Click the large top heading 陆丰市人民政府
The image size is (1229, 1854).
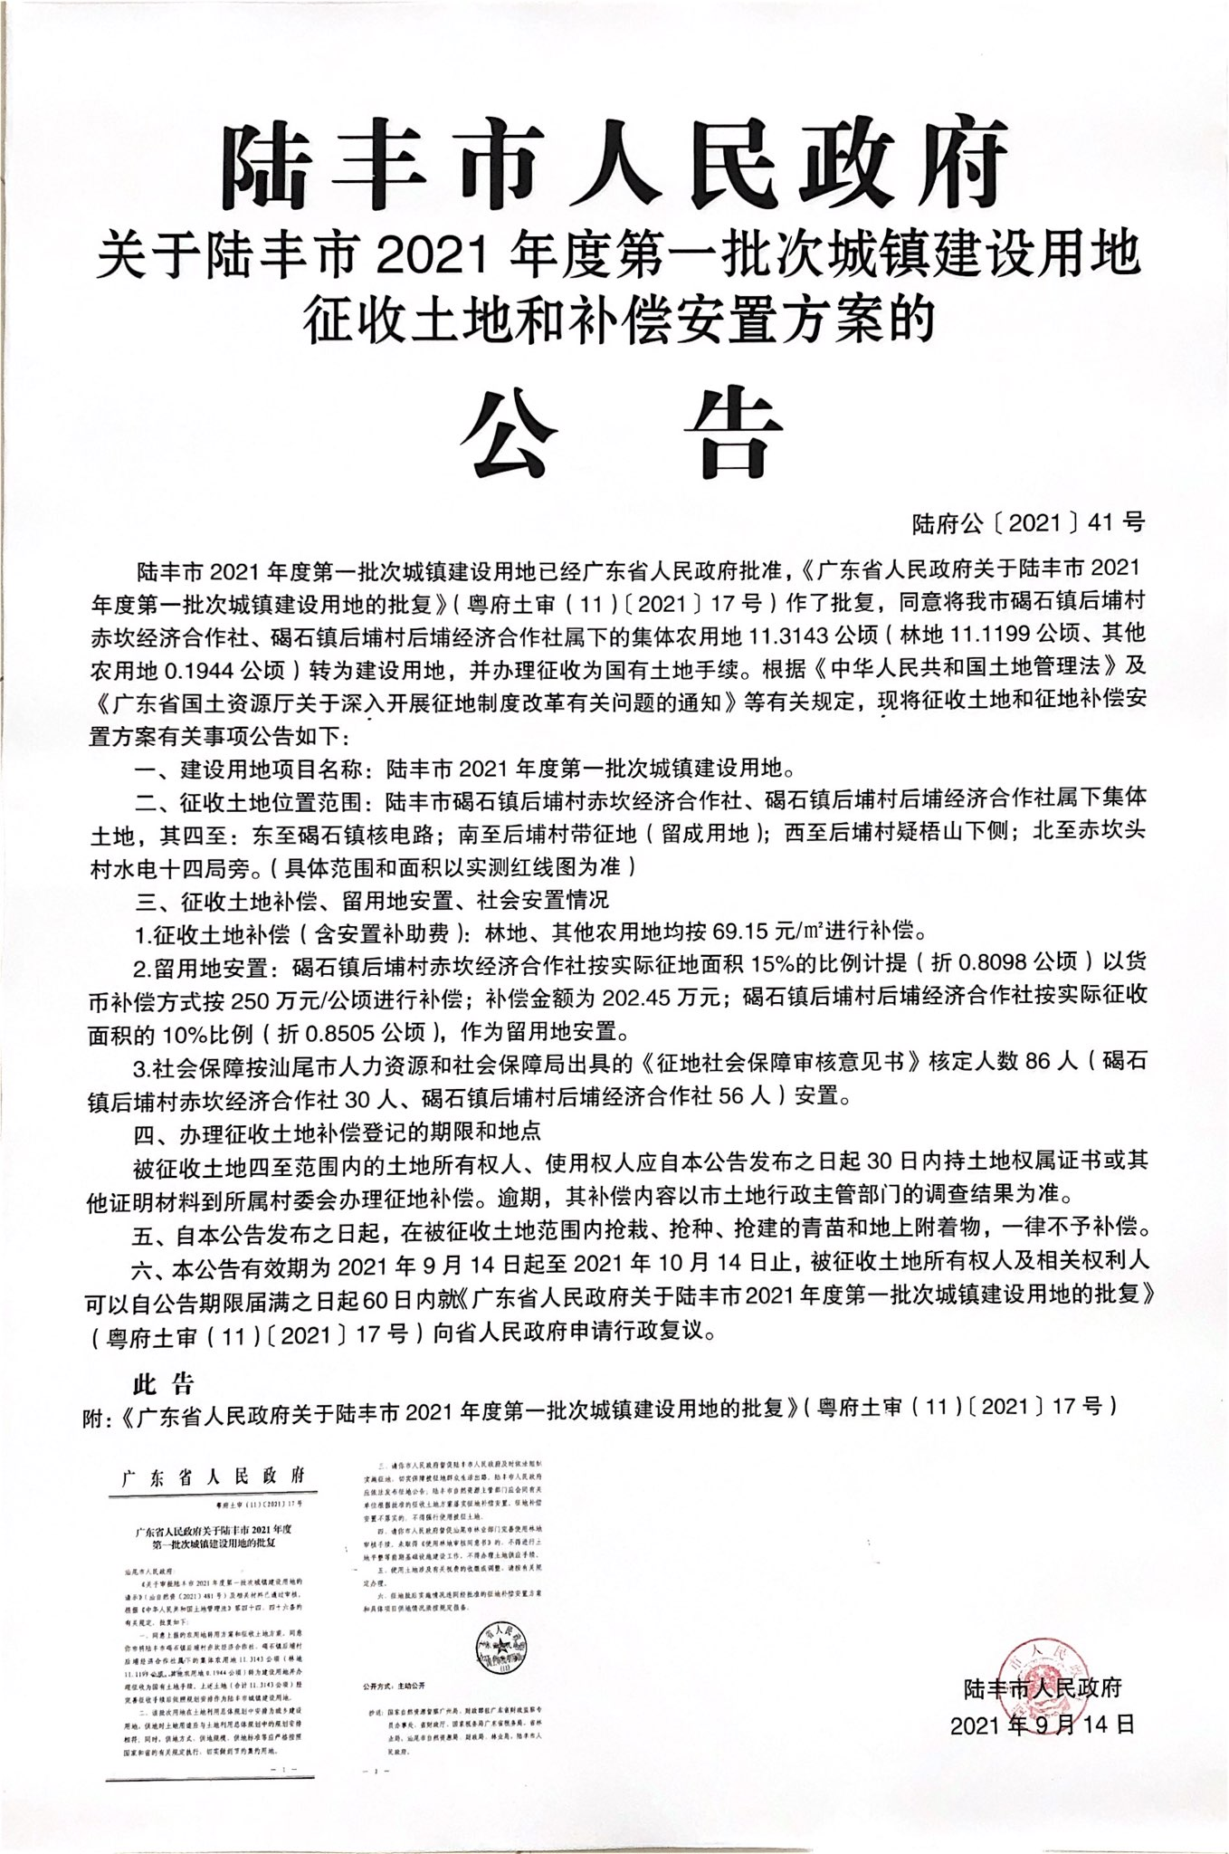click(614, 164)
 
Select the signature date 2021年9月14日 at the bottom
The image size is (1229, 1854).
click(1042, 1725)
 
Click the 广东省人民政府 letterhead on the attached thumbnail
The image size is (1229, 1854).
click(214, 1477)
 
